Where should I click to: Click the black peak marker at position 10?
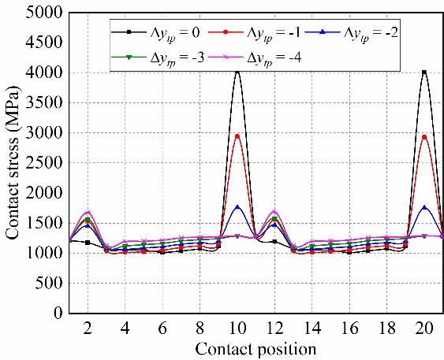237,72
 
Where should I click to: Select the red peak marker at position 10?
237,136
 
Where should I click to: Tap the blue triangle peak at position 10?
237,207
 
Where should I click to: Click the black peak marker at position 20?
424,72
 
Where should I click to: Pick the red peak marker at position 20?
424,136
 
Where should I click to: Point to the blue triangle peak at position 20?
424,207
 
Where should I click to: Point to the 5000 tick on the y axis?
48,13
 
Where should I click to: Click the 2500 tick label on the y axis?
48,163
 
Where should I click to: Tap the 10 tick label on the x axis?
237,328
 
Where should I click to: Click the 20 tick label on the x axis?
424,328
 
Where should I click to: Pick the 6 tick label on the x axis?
162,328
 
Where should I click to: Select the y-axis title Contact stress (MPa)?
13,162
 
